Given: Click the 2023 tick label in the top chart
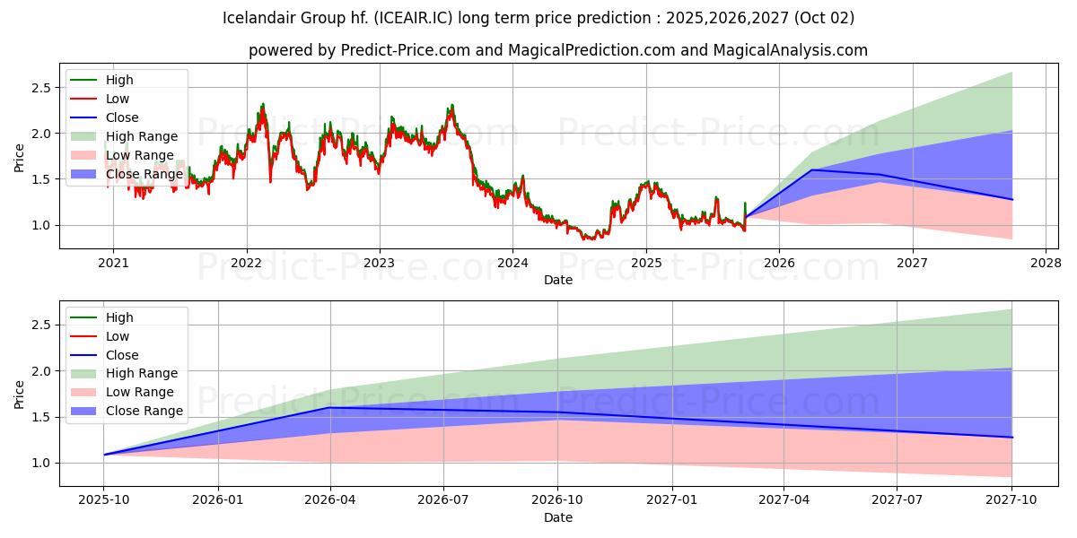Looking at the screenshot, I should pos(379,264).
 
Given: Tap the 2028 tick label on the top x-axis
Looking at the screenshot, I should pos(1045,264).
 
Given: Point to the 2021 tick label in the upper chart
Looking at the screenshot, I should pos(113,264).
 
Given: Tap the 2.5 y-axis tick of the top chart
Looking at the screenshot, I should pos(40,88).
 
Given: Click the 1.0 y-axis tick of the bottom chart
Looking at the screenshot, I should pos(40,463).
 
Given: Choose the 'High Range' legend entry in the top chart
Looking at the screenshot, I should pos(142,136).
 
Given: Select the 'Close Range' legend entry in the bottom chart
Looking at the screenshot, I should pos(144,412).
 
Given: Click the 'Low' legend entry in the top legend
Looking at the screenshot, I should pos(118,99).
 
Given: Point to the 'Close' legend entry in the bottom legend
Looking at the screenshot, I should pos(122,355).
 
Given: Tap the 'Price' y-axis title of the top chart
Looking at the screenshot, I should pos(20,157).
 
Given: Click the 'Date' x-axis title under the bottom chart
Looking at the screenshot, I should pos(557,517).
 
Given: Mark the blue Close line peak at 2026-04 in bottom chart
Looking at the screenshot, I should pos(330,407).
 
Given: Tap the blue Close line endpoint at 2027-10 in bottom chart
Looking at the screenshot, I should pos(1011,438).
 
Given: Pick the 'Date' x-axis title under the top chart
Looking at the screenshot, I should pos(557,280).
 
